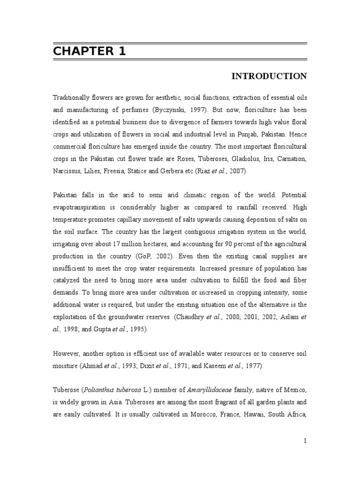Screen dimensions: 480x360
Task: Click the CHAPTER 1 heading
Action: pyautogui.click(x=89, y=51)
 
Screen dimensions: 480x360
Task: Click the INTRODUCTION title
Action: pyautogui.click(x=269, y=76)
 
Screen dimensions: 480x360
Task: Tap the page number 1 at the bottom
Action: pyautogui.click(x=305, y=441)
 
